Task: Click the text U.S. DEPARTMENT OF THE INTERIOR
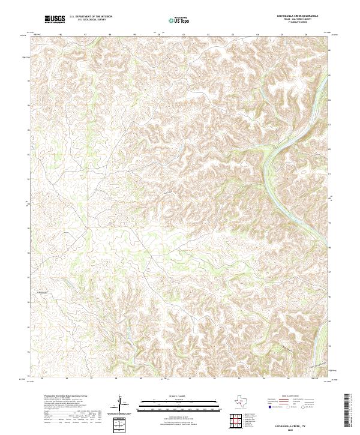pyautogui.click(x=91, y=17)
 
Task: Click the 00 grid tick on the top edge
pyautogui.click(x=159, y=35)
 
